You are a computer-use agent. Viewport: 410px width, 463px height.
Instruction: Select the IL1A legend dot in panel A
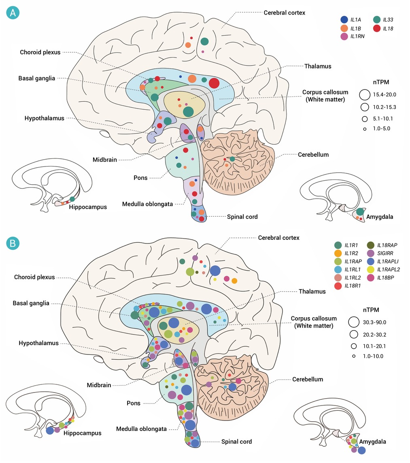tap(344, 19)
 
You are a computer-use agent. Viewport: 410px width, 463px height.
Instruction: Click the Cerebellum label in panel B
tap(308, 380)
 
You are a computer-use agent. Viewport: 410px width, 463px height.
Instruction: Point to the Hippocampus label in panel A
tap(88, 207)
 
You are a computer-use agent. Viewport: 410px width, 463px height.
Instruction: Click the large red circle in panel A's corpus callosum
tap(214, 83)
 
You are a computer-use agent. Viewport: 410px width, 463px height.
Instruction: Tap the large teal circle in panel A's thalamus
tap(188, 111)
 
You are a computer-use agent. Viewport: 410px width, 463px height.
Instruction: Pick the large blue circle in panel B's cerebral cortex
tap(215, 271)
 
